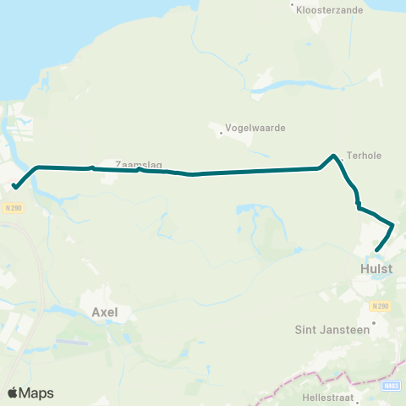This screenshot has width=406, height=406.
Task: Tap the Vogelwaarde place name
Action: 255,128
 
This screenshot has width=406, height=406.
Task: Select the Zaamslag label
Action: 138,165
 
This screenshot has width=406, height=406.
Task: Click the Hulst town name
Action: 376,269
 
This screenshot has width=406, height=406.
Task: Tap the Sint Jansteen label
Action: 332,330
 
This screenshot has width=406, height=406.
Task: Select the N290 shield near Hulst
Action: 381,305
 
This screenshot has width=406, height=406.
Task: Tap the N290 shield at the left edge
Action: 12,207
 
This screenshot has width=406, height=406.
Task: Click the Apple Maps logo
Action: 30,392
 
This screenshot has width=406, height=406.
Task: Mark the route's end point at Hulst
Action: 376,250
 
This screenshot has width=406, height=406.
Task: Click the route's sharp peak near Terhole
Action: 335,156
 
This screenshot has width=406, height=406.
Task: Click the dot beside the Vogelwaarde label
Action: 221,133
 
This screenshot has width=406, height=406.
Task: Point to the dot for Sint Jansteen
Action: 373,321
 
